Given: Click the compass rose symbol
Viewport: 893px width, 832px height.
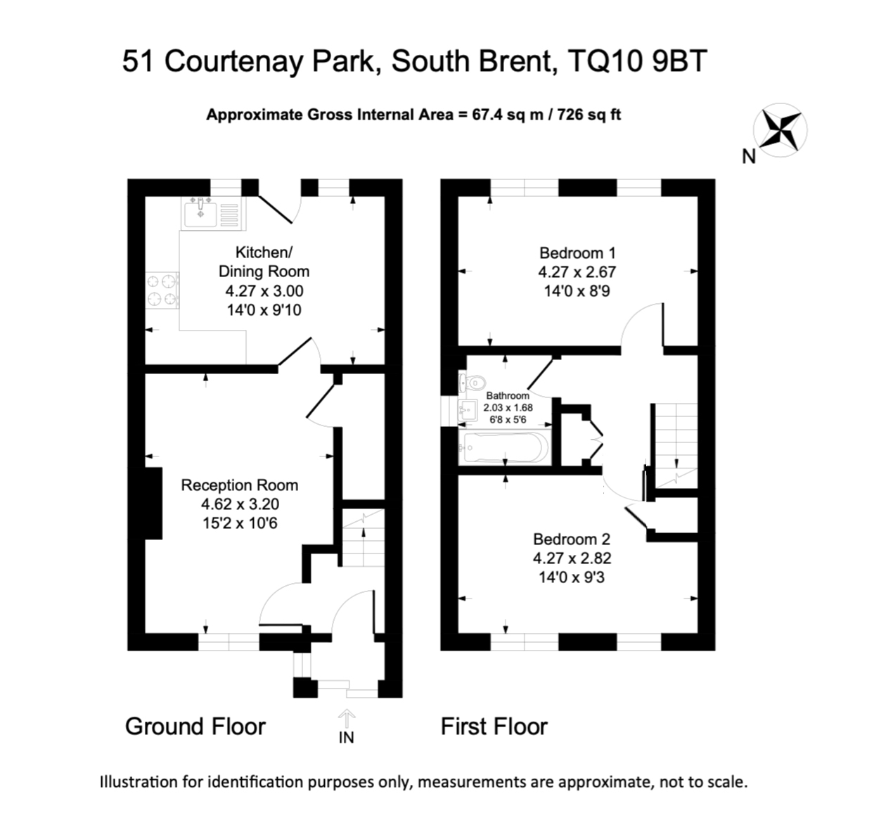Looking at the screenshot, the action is coord(780,129).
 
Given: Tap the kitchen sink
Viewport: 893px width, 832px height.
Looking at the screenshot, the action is coord(200,213).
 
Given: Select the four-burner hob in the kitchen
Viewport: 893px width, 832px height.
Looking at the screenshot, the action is coord(161,290).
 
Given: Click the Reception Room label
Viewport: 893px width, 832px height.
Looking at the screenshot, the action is coord(239,485).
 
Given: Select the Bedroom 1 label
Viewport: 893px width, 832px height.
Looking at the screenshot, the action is coord(572,253).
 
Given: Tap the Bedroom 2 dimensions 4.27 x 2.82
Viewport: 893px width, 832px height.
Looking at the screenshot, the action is coord(572,558).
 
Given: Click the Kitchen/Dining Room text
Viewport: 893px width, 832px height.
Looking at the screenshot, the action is coord(264,262).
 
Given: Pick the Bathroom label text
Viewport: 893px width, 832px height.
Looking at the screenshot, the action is coord(507,396).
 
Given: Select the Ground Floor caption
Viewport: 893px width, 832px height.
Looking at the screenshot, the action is coord(195,727).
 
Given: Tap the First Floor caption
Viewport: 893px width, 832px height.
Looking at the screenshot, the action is coord(494,727).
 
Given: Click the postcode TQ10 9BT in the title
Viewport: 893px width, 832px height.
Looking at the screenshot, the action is coord(636,61).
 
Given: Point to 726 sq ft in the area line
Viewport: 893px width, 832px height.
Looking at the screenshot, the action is coord(589,115).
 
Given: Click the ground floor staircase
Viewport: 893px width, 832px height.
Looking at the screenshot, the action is coord(364,538).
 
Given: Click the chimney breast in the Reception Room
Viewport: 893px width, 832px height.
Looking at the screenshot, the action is coord(153,503).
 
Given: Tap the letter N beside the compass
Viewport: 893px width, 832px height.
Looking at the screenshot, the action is coord(749,158).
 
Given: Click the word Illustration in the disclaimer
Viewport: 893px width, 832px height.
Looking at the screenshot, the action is coord(139,781).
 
